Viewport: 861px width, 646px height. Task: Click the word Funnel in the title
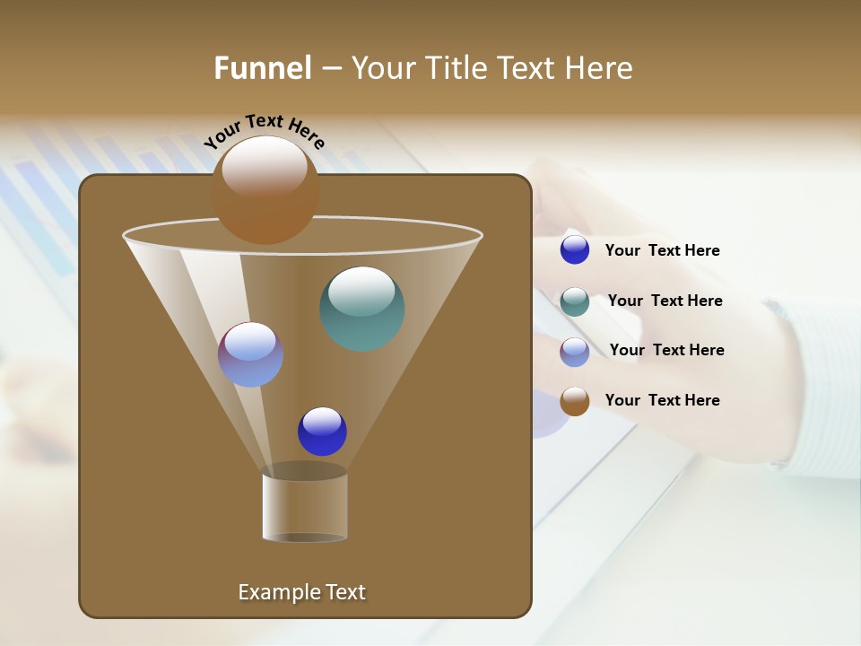coord(262,68)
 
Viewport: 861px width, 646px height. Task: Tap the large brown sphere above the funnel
coord(265,190)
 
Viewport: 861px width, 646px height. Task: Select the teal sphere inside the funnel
coord(361,309)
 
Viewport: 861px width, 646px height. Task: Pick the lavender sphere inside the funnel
coord(250,354)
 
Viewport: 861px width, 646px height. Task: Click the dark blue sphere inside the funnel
coord(322,432)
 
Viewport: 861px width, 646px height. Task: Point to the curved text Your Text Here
coord(264,130)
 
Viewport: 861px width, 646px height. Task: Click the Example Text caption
coord(301,592)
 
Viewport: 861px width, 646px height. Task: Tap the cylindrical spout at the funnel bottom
coord(305,507)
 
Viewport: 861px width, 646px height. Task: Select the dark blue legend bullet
coord(575,250)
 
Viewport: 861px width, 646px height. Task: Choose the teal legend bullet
coord(575,301)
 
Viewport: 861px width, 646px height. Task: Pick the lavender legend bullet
coord(575,352)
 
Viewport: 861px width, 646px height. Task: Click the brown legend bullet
coord(575,401)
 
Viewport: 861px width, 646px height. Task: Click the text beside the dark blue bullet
coord(662,251)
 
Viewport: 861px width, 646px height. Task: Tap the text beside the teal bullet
coord(665,301)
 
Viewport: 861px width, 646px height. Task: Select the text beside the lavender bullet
coord(666,351)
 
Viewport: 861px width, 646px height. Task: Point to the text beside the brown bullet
coord(662,400)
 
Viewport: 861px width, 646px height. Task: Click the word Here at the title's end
coord(600,68)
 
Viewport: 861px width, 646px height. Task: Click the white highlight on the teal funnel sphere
coord(361,290)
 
